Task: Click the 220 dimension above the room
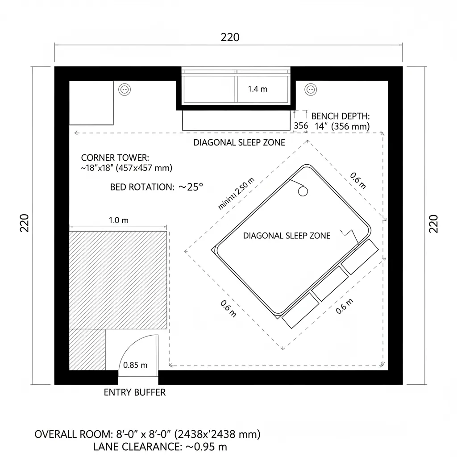click(230, 37)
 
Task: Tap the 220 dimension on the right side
click(433, 223)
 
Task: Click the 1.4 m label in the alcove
click(258, 89)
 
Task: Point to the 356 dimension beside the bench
click(301, 126)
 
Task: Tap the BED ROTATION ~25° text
click(156, 187)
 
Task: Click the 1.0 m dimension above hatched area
click(119, 220)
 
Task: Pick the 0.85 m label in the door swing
click(135, 365)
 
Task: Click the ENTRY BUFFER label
click(134, 392)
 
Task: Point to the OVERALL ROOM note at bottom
click(147, 434)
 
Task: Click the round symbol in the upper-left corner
click(125, 89)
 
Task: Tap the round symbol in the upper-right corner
click(310, 89)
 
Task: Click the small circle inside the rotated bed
click(303, 191)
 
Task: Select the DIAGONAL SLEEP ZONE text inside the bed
click(287, 236)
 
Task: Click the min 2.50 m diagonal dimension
click(236, 193)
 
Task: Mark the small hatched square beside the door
click(87, 349)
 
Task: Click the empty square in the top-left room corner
click(91, 103)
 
